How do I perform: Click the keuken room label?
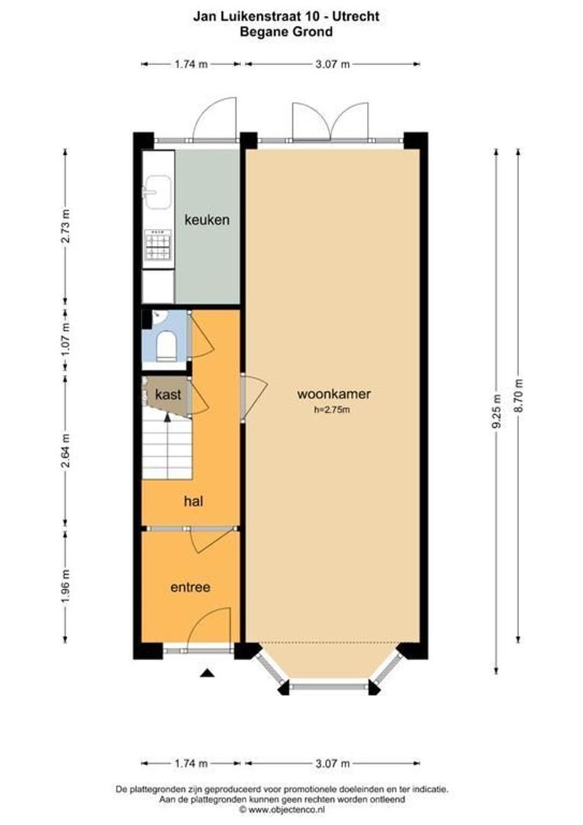[x=207, y=219]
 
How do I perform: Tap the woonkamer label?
[x=333, y=394]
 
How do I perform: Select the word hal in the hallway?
[x=192, y=501]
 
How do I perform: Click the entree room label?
[x=190, y=587]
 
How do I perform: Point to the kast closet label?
[x=167, y=395]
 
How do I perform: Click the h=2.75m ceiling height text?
[x=331, y=410]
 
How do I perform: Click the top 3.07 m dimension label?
[x=332, y=64]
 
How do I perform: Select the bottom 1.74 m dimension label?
[x=191, y=763]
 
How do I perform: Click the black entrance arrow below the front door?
[x=206, y=673]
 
